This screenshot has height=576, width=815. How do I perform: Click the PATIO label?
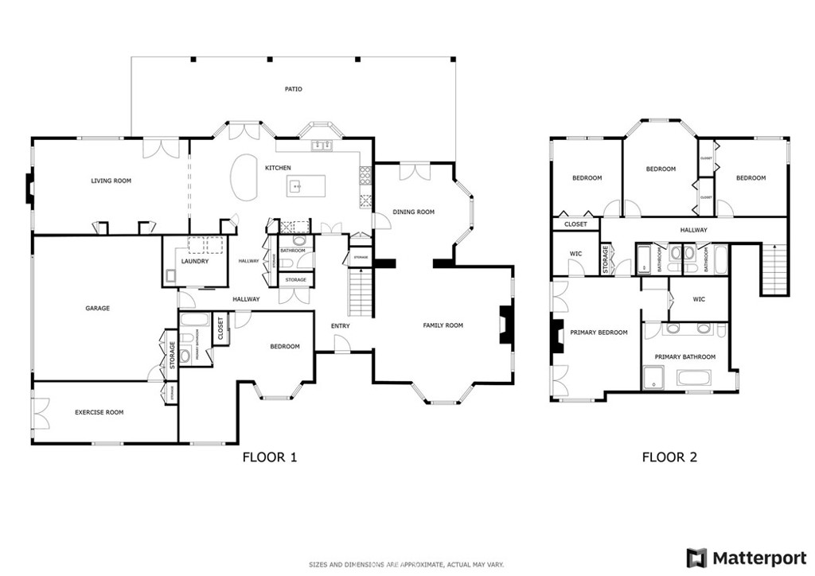coord(294,89)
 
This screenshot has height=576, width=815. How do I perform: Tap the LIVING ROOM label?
coord(111,181)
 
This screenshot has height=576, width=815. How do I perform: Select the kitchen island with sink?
coord(307,187)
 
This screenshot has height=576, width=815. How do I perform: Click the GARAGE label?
coord(97,308)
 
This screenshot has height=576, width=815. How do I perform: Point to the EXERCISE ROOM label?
coord(99,412)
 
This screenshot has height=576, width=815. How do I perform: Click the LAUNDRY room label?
coord(194,261)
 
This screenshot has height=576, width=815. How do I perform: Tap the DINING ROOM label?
coord(414,212)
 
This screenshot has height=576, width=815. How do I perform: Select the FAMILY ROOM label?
coord(443,325)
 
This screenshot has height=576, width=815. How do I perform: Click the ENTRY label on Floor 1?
coord(341,325)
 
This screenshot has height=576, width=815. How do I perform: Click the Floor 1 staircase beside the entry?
coord(361,292)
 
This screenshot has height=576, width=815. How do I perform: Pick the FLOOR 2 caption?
coord(669,457)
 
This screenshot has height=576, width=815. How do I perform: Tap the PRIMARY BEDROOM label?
coord(599,333)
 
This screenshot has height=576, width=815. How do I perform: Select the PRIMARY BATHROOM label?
coord(684,357)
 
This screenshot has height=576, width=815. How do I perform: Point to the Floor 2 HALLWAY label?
coord(693,230)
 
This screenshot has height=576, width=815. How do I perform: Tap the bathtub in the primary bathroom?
coord(699,377)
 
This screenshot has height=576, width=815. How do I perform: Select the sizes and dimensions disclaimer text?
coord(407,565)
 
